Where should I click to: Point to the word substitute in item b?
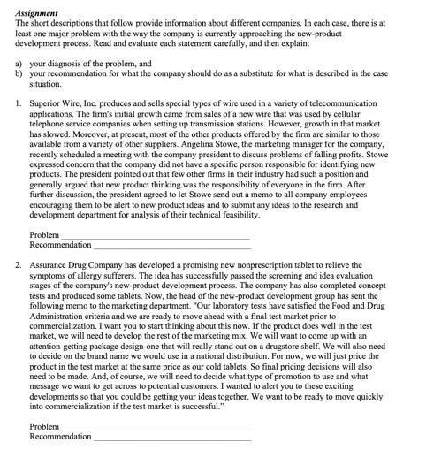(x=262, y=73)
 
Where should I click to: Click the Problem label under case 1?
(x=44, y=235)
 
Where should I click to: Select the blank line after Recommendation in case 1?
(x=171, y=245)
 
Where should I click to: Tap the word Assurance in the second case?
(x=50, y=264)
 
